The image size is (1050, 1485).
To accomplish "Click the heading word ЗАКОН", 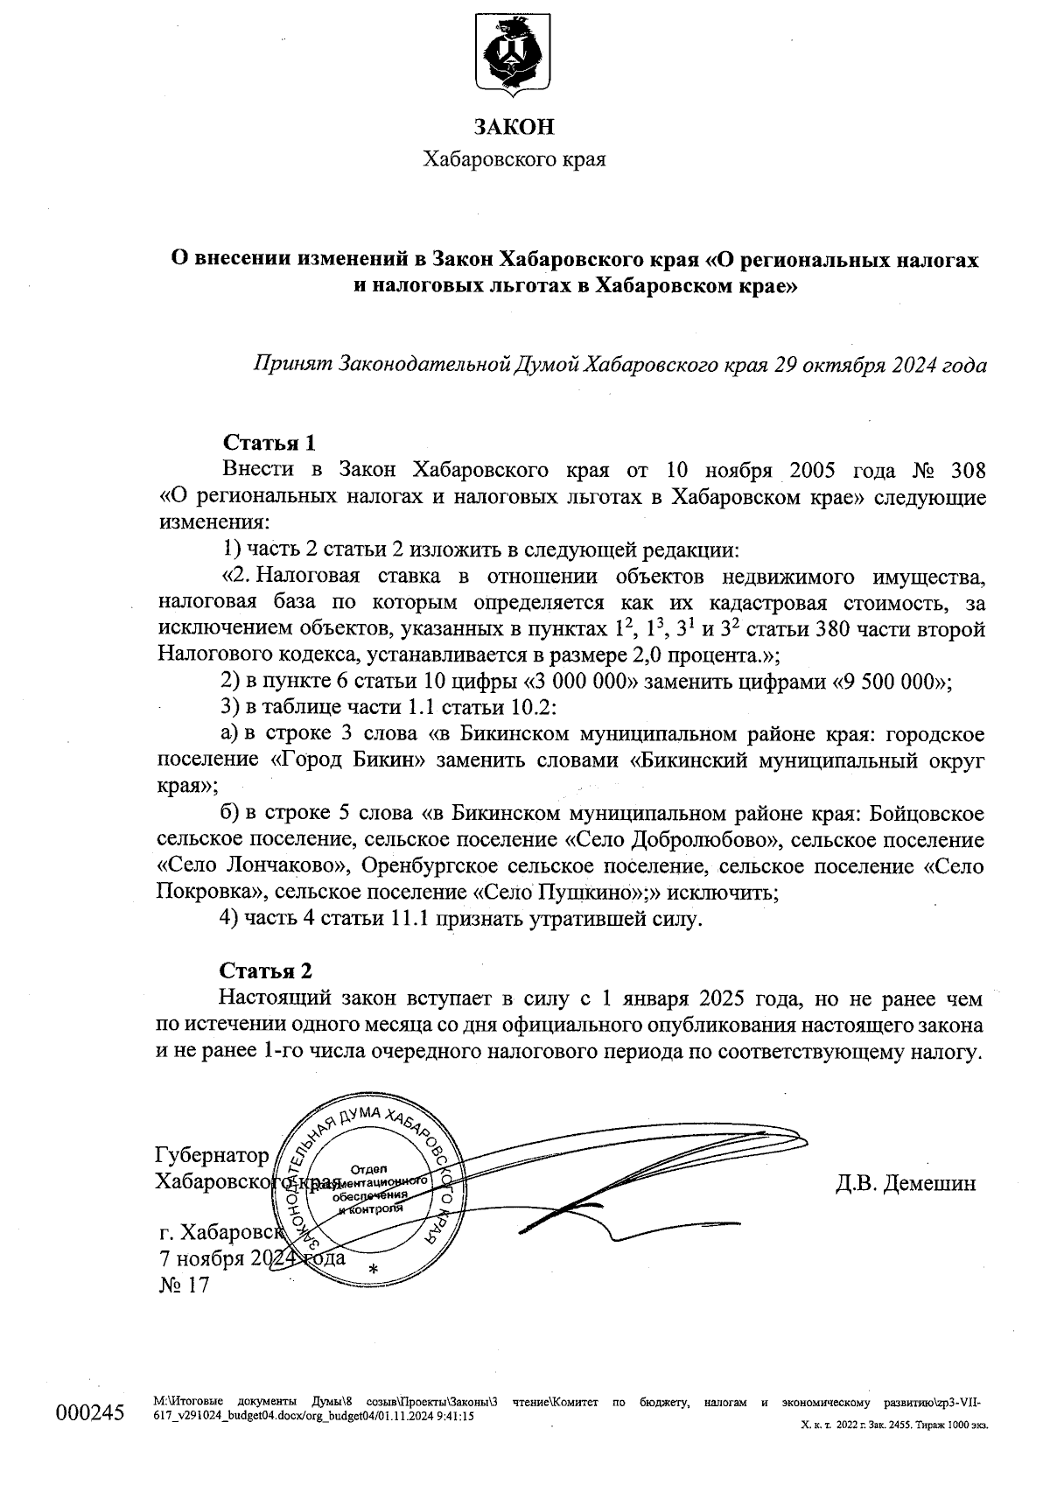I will click(x=514, y=128).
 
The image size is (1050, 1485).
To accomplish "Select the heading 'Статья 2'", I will click(x=265, y=970).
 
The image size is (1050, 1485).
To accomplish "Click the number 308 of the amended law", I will click(x=968, y=470).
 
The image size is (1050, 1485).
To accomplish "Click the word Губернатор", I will click(x=212, y=1155).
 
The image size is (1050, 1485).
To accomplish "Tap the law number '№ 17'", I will click(x=182, y=1285).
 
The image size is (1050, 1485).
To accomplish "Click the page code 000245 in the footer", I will click(x=90, y=1414).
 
